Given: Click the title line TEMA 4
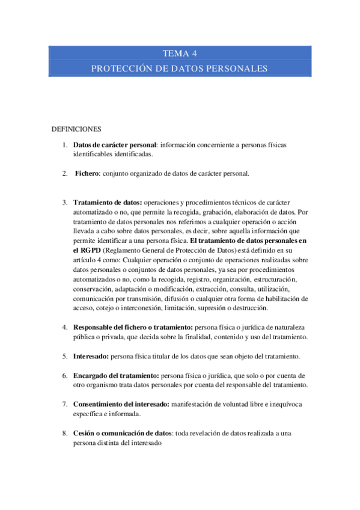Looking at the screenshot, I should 180,53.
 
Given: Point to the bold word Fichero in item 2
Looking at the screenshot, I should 88,173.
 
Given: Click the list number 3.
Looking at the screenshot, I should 65,203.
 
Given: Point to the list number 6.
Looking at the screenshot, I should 65,375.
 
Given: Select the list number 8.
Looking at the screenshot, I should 65,433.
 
